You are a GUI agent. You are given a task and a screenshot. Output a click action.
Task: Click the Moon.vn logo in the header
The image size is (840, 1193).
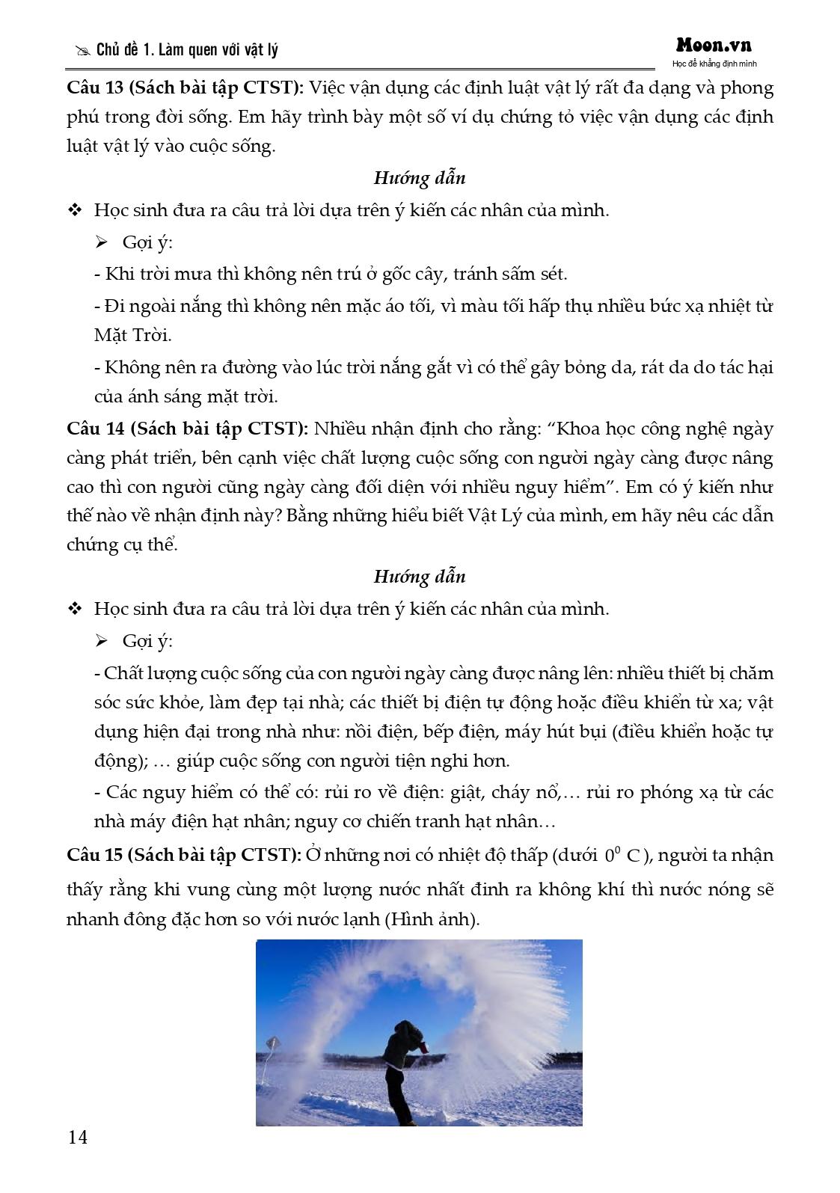pos(714,46)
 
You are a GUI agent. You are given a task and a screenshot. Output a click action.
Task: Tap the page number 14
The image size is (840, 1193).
pos(78,1138)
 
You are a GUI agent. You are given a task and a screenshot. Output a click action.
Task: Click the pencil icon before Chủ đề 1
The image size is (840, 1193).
pos(82,51)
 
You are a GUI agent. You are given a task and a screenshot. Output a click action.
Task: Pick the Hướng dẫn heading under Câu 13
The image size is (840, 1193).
pos(419,178)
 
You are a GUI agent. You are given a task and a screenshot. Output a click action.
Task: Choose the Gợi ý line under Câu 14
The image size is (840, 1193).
pos(147,641)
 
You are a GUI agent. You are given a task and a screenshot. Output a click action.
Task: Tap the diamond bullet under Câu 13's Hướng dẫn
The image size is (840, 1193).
pos(75,210)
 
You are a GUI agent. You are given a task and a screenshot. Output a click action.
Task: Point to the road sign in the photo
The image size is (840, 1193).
pos(272,1043)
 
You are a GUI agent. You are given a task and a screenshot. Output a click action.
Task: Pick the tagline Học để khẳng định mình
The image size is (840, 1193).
pos(714,64)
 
